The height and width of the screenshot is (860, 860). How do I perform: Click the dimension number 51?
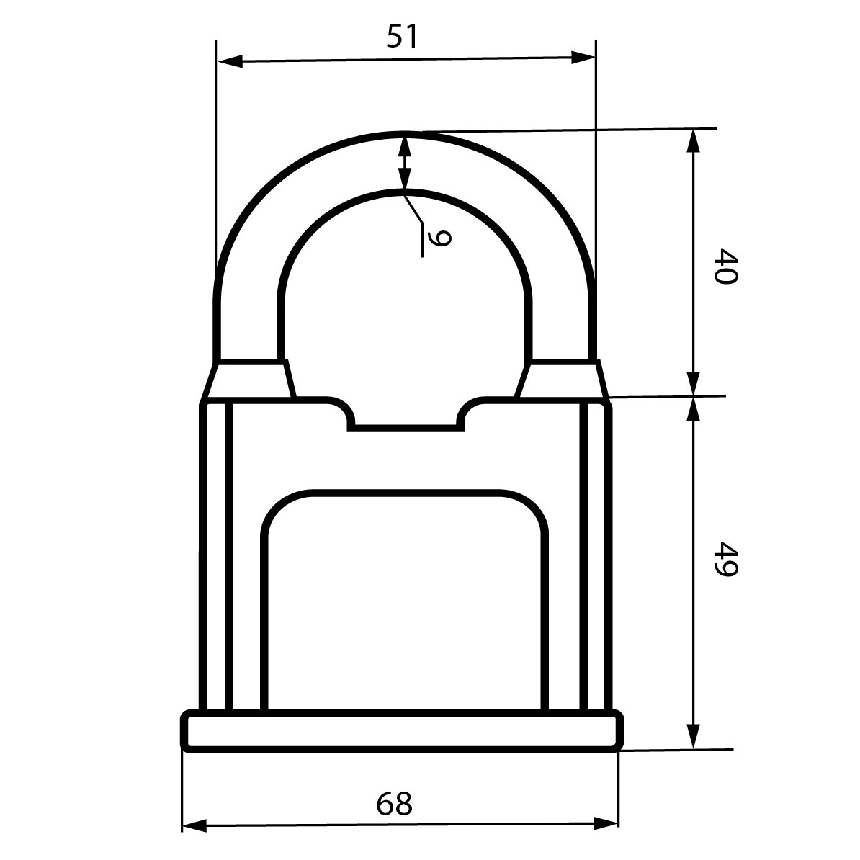point(402,36)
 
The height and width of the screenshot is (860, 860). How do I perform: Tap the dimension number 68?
point(395,804)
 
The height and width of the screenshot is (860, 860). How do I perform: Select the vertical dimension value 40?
point(726,266)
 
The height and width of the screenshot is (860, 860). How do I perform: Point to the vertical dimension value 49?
point(726,560)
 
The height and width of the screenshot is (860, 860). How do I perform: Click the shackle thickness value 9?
point(439,238)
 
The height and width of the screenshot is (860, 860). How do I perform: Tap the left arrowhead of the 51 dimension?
point(230,61)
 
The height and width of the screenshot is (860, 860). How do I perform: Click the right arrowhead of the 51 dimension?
point(583,57)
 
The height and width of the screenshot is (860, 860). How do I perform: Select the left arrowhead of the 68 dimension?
point(194,826)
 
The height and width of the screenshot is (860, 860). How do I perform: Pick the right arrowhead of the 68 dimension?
point(606,823)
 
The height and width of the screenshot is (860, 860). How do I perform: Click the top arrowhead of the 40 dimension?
point(694,141)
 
